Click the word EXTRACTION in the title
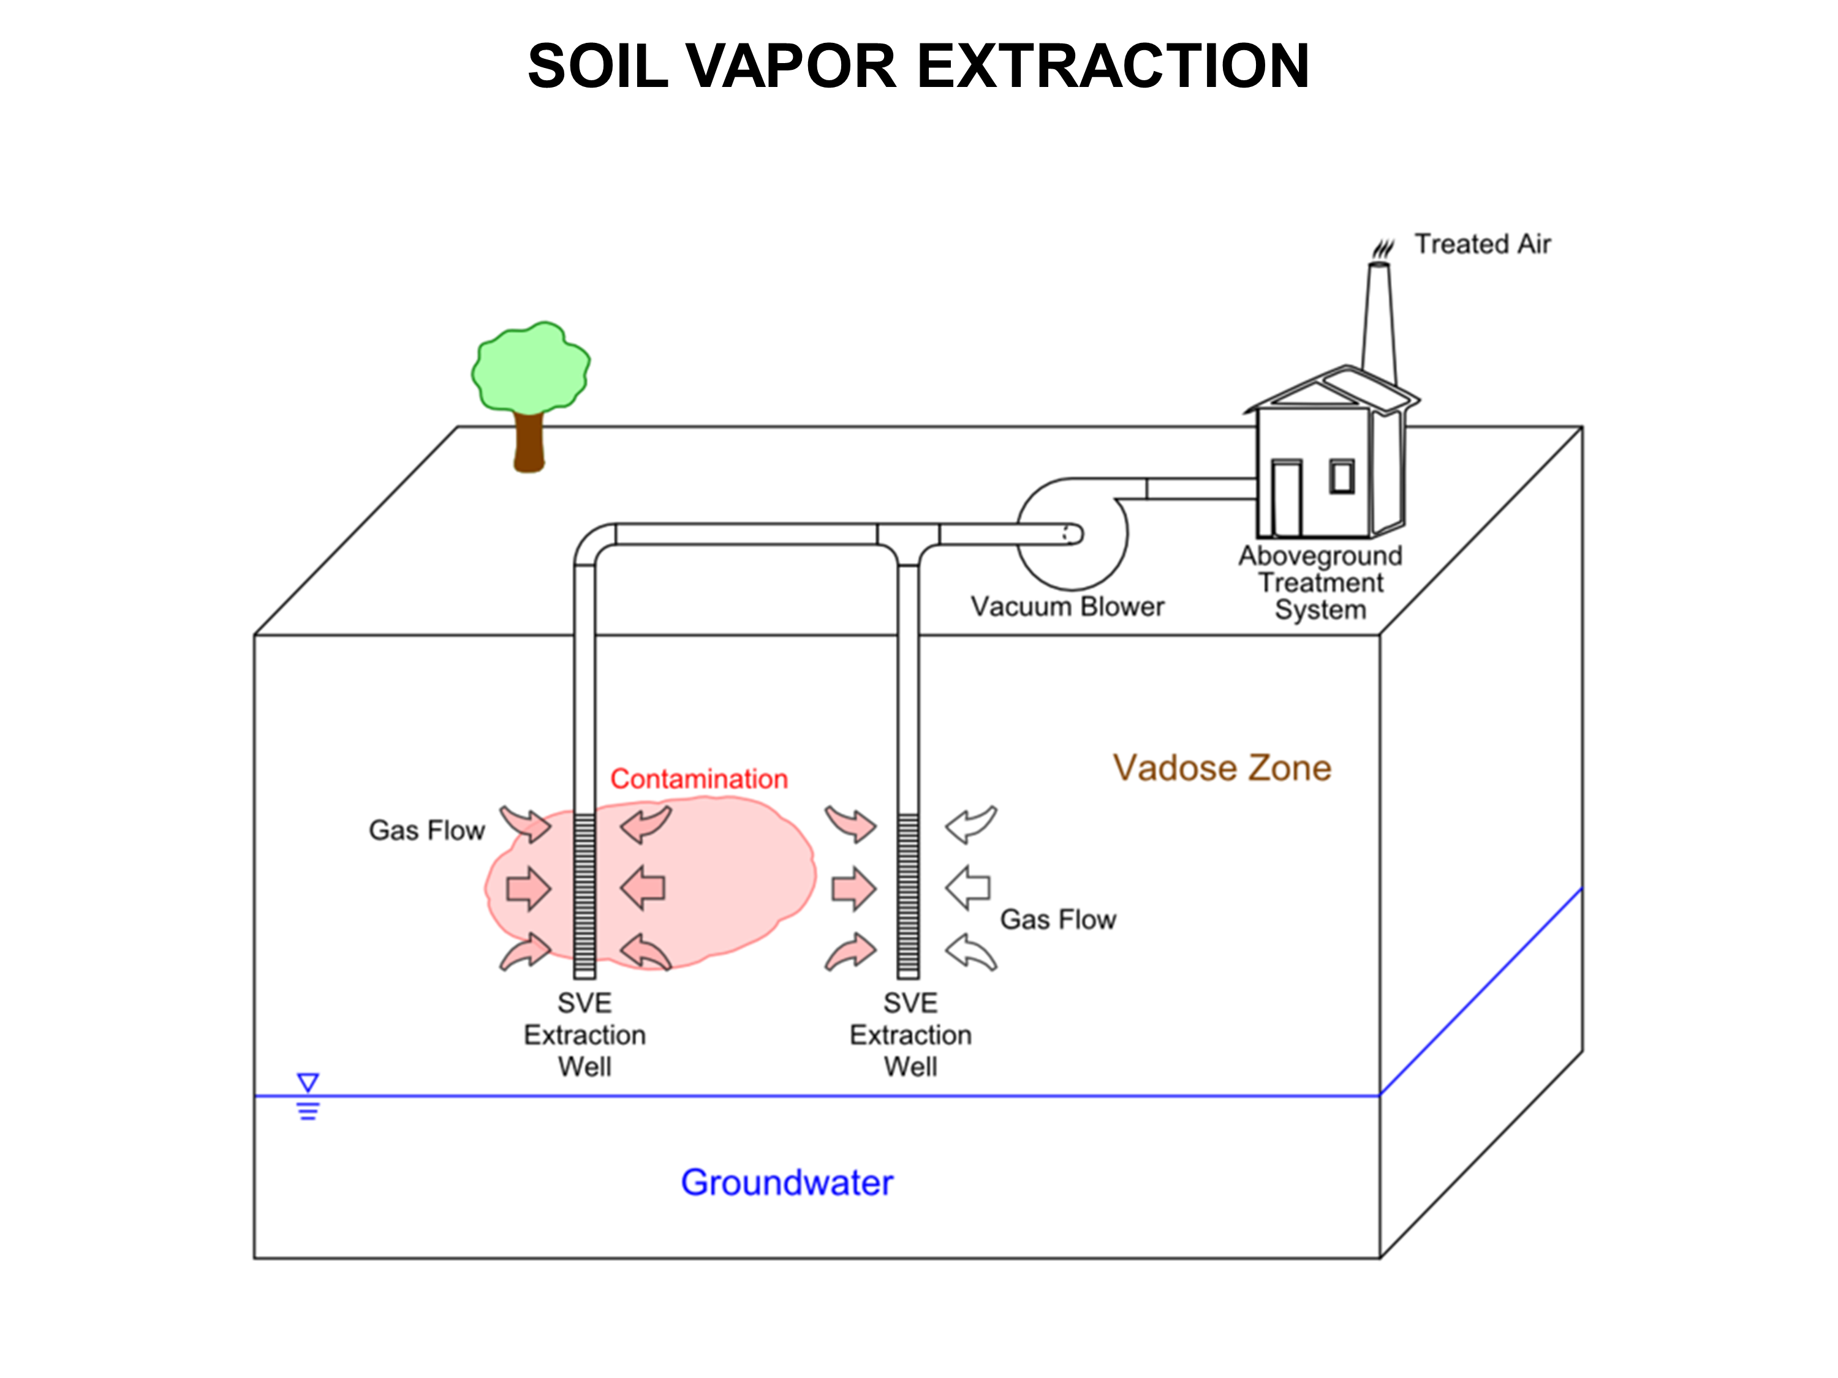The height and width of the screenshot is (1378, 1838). [1113, 66]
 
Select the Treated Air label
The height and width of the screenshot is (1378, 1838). [1483, 244]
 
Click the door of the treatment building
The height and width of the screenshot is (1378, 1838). [1286, 499]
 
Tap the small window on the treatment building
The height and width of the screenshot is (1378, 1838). [1342, 476]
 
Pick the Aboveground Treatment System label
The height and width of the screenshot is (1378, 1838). [1320, 582]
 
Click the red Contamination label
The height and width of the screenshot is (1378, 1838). [699, 778]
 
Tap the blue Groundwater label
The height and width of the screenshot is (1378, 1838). [787, 1182]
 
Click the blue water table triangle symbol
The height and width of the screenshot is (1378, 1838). [308, 1082]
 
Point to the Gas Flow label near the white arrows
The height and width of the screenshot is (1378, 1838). [1057, 919]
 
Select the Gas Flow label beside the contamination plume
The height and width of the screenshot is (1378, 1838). [426, 830]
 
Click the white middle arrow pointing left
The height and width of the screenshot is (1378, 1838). [968, 888]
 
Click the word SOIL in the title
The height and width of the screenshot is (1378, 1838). [598, 66]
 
